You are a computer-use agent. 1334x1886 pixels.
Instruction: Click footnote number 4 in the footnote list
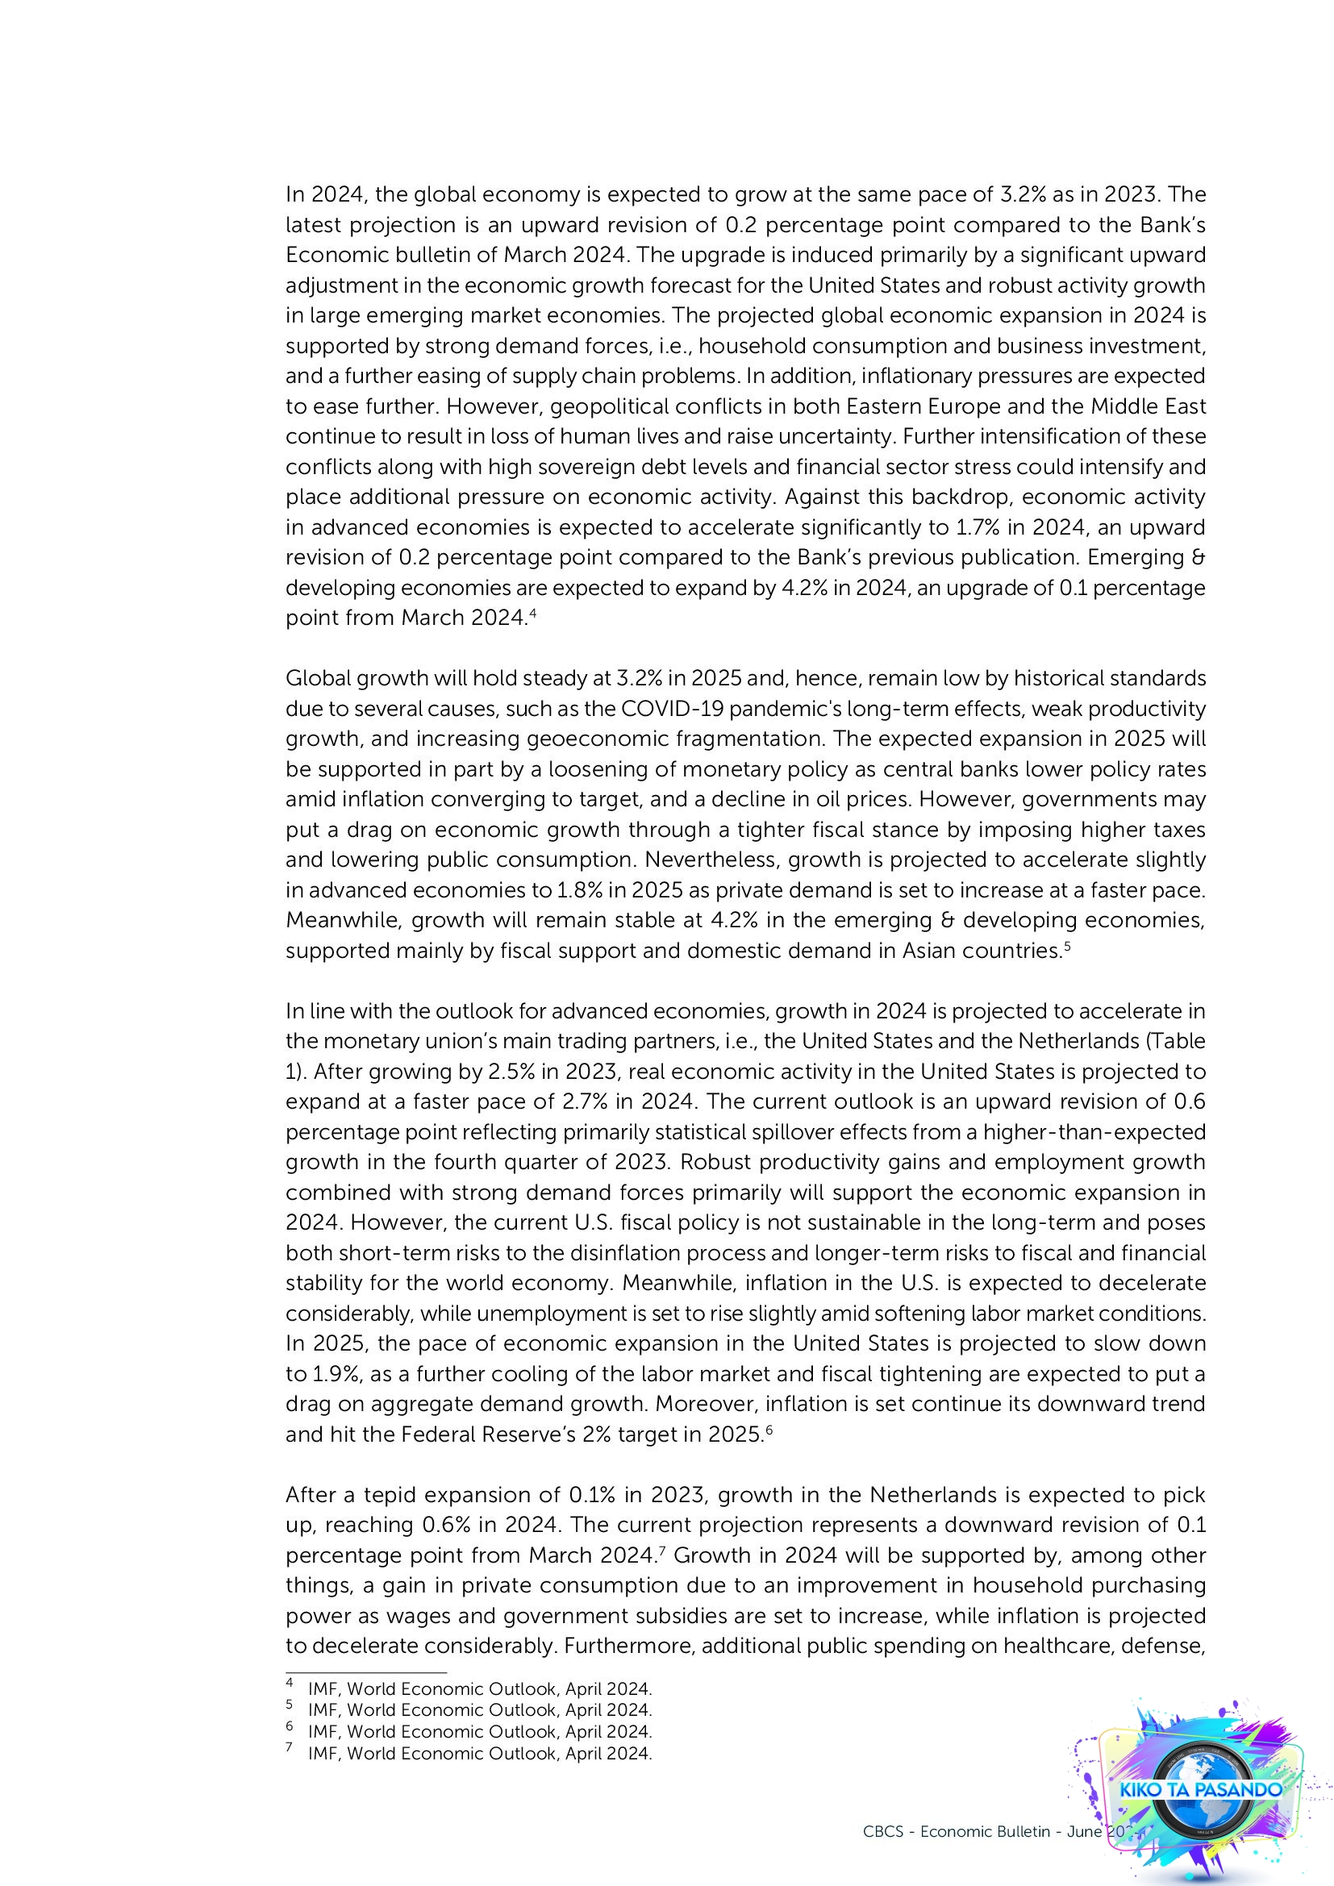click(290, 1681)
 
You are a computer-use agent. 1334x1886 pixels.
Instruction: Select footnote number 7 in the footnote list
click(290, 1747)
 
